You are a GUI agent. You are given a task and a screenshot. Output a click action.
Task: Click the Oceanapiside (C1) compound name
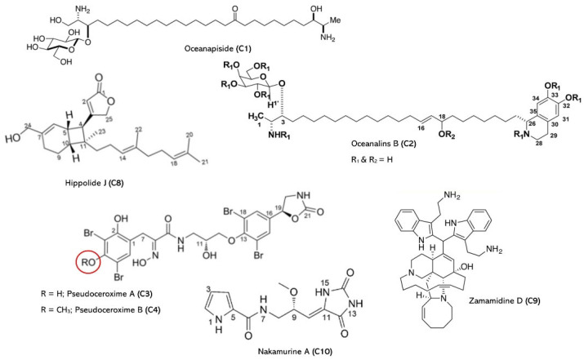tap(218, 48)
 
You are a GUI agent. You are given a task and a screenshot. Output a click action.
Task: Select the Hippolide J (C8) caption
tap(94, 182)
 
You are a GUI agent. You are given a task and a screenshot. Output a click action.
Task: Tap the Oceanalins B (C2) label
tap(383, 144)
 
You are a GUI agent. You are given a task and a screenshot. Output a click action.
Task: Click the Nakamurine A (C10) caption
tap(295, 350)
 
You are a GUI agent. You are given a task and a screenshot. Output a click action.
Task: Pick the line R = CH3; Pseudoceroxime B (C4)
tap(101, 309)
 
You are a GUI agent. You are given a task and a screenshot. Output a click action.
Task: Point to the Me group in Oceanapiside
tap(336, 20)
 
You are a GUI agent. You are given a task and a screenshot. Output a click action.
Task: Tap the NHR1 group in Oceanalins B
tap(279, 136)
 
